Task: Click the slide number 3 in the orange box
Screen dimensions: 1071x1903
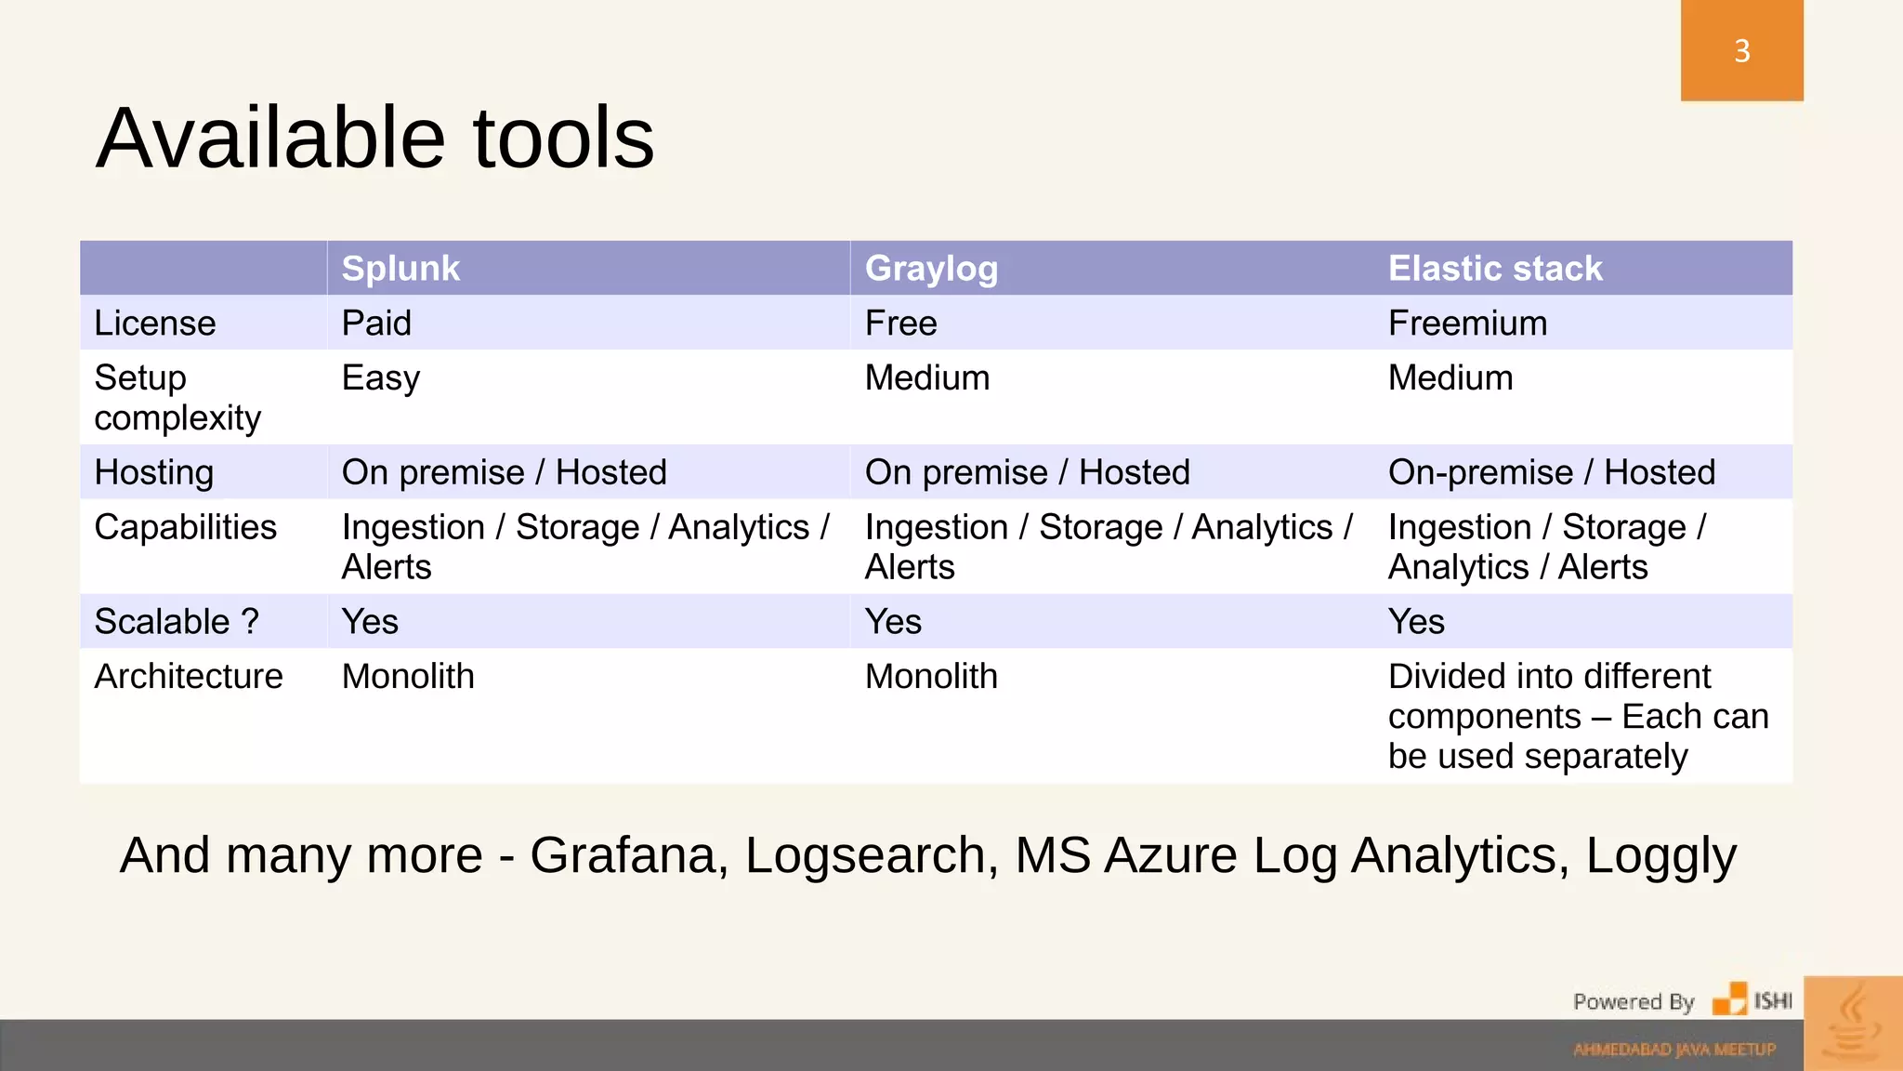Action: click(1741, 50)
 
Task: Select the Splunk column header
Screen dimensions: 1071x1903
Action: click(400, 269)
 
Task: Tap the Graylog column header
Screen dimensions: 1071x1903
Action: click(931, 269)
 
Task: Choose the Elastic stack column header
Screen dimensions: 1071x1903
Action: click(1495, 269)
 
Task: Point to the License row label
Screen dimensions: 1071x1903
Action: click(155, 324)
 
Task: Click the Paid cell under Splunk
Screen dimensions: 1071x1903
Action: click(376, 324)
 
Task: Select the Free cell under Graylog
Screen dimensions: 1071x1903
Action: click(900, 324)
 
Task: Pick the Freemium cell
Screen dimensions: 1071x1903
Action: click(1467, 324)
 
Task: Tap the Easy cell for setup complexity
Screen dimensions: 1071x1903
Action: click(381, 378)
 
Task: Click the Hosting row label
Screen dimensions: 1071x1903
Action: click(154, 472)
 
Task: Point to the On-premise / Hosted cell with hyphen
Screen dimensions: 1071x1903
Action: click(1551, 472)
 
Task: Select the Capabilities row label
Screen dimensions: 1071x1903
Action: click(186, 527)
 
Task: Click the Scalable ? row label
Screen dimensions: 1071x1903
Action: click(177, 621)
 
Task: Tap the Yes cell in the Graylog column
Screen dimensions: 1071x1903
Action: click(893, 621)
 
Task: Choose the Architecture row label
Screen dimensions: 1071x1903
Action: click(189, 676)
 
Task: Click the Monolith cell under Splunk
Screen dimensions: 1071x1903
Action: click(408, 676)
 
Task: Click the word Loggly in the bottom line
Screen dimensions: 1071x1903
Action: click(1660, 855)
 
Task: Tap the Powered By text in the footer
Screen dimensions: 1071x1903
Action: click(1634, 1001)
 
